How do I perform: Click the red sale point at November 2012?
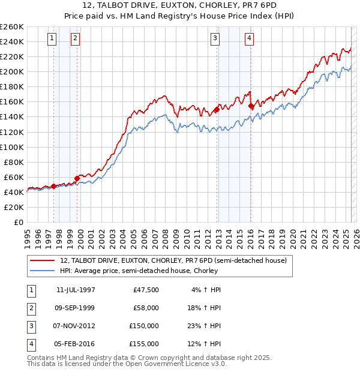[216, 110]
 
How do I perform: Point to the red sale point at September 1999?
[77, 178]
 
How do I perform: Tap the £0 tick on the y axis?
[19, 222]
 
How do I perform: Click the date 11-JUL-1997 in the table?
[76, 290]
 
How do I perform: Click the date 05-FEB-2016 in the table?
[76, 344]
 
